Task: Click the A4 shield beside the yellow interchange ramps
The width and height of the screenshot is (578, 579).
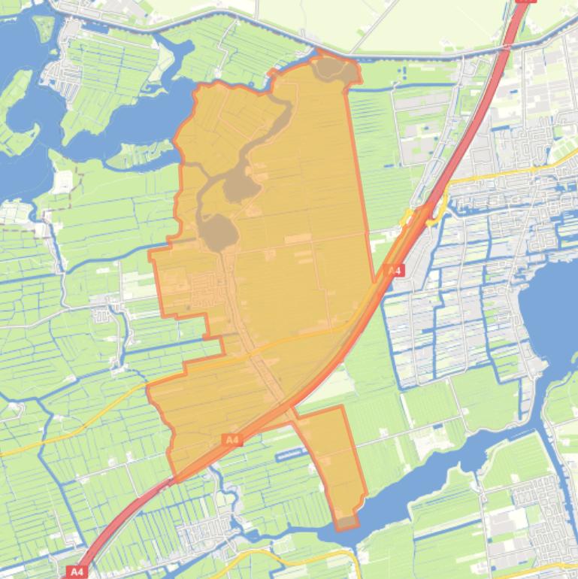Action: click(394, 271)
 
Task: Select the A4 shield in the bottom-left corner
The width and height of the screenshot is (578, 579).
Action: click(77, 571)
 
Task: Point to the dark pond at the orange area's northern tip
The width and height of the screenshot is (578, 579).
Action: click(331, 68)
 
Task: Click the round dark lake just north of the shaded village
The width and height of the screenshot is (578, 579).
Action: click(218, 232)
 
